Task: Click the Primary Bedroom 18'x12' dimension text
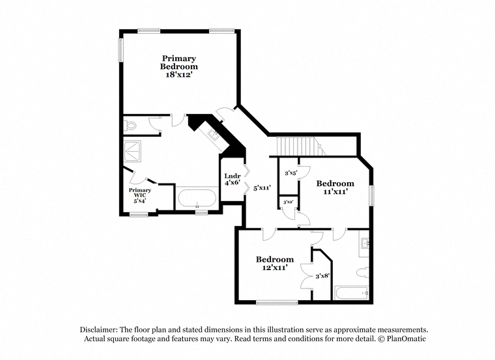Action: (x=179, y=75)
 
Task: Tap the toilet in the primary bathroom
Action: (x=130, y=126)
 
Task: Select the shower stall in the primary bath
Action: (x=132, y=152)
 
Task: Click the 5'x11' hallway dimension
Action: (x=262, y=188)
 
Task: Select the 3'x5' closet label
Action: (x=291, y=173)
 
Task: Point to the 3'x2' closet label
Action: (x=289, y=202)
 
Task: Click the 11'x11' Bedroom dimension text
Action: (x=335, y=191)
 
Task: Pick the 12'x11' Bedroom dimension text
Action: (x=276, y=268)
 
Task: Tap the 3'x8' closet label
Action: (x=322, y=276)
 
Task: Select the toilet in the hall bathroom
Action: (x=362, y=272)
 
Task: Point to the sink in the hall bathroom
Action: (x=365, y=243)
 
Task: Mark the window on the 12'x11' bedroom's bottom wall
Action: (x=277, y=303)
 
